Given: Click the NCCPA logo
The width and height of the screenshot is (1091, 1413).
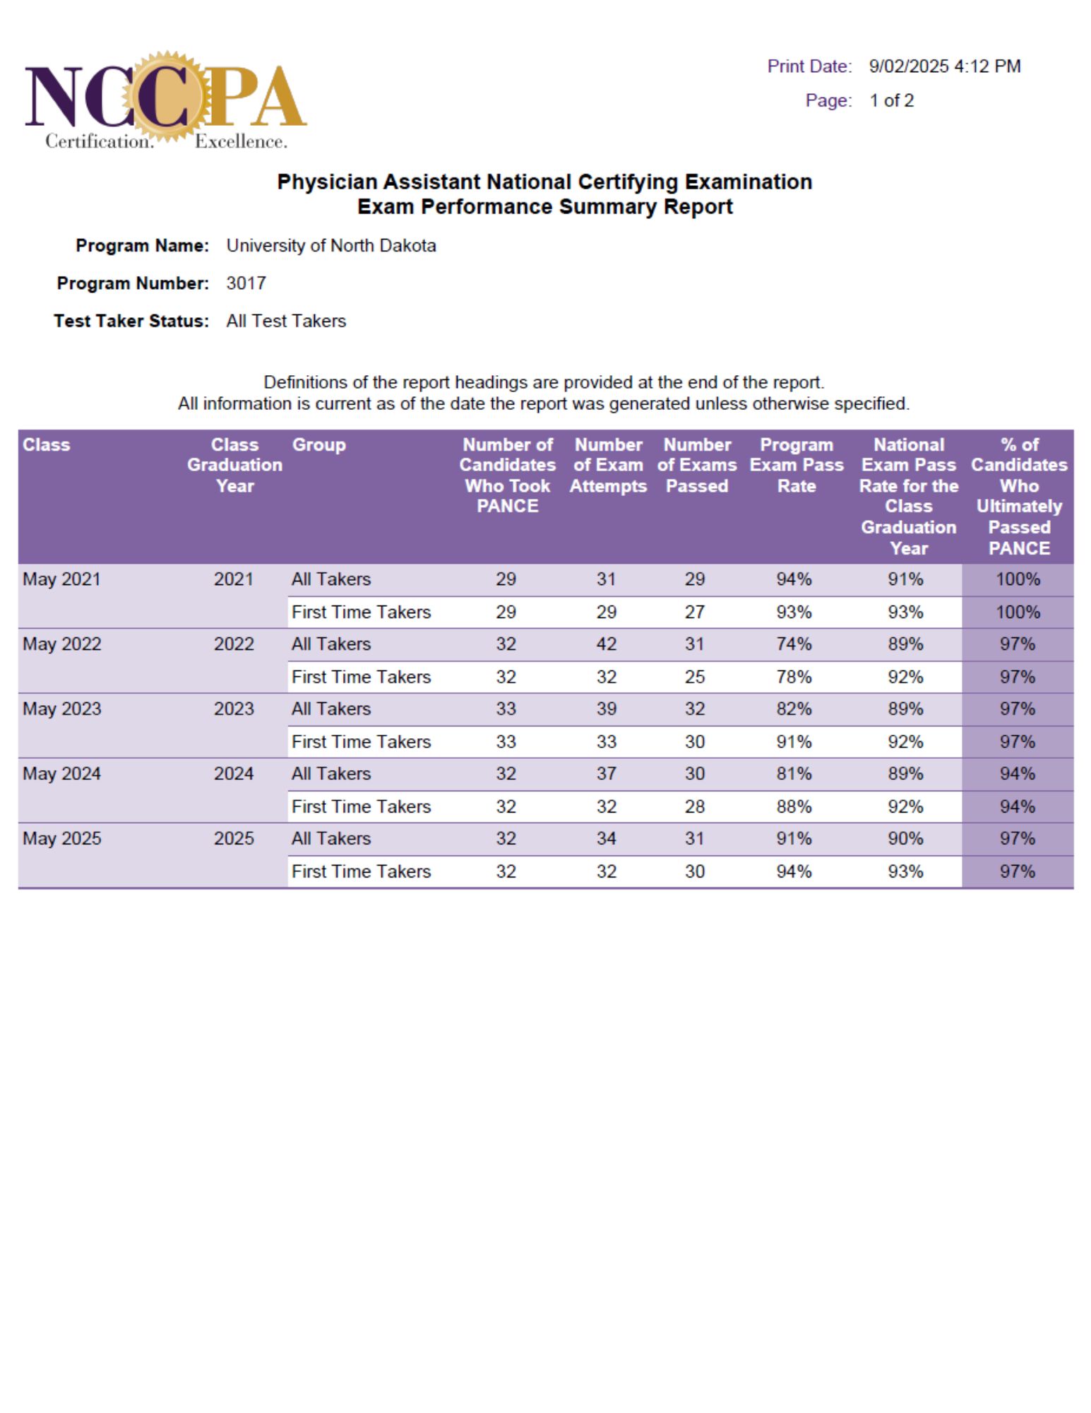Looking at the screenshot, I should (165, 99).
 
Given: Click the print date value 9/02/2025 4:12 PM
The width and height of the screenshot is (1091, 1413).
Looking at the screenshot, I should (944, 66).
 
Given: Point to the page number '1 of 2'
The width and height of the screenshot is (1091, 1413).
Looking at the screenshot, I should (891, 100).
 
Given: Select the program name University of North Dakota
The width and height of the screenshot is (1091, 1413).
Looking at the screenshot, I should (330, 246).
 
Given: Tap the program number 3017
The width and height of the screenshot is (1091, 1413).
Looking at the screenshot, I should (246, 283).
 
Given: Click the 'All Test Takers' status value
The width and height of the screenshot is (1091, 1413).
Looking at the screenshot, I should (286, 321).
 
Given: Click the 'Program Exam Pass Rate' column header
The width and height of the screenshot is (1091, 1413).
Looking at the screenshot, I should (796, 465).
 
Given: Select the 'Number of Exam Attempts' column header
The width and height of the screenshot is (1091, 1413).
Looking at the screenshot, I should (608, 465).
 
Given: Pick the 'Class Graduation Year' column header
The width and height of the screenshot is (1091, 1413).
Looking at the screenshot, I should (234, 465).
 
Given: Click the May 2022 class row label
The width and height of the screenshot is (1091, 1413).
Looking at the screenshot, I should (62, 644).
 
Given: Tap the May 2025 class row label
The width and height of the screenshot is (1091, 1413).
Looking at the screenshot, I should (62, 839).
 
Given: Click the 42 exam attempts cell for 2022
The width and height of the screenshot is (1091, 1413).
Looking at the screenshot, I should (606, 644).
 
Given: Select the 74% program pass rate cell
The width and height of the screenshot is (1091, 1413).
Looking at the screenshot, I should (794, 644).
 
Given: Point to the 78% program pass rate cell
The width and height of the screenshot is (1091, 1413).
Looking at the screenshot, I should (794, 677).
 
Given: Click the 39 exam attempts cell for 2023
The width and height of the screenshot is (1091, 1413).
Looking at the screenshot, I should (606, 709).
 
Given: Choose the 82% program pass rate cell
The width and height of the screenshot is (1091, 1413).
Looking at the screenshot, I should (794, 709).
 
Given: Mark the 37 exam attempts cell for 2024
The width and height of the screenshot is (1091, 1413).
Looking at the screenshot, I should (606, 774).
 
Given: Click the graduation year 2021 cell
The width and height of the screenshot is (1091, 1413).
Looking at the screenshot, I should (234, 579).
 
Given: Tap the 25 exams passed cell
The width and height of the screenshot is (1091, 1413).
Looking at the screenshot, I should (694, 677).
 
